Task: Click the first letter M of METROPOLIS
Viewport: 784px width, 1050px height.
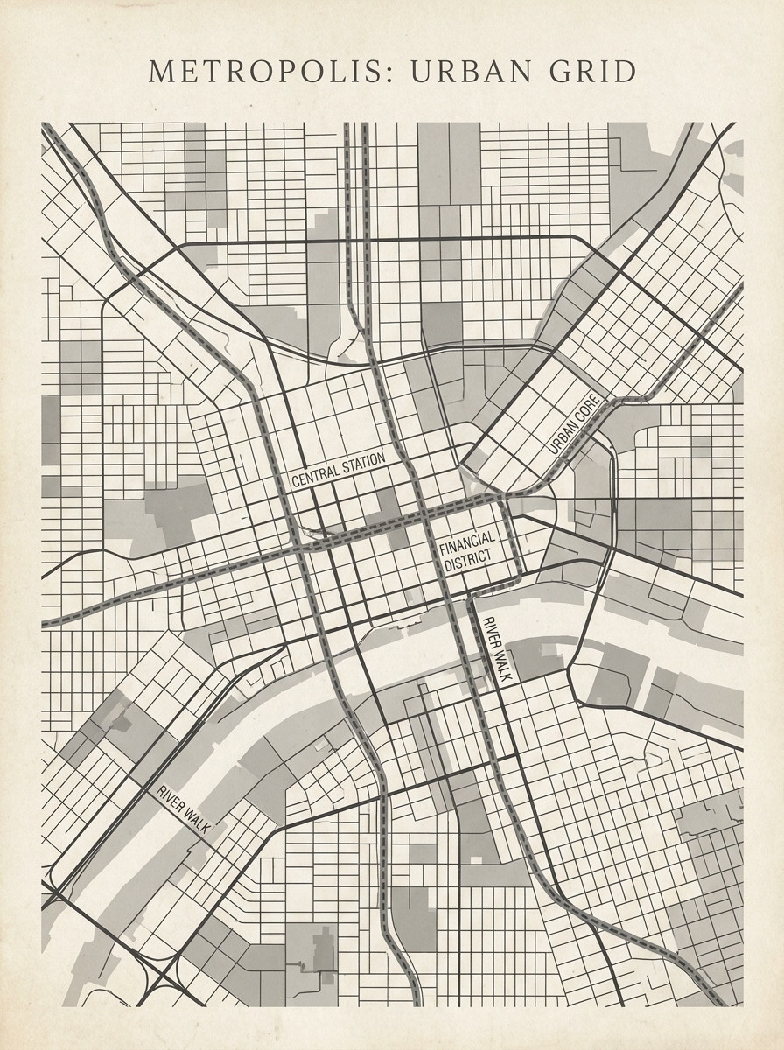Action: (x=160, y=72)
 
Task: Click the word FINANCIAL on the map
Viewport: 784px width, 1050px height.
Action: (x=466, y=544)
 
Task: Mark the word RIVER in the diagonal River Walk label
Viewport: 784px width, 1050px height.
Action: (x=171, y=799)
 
